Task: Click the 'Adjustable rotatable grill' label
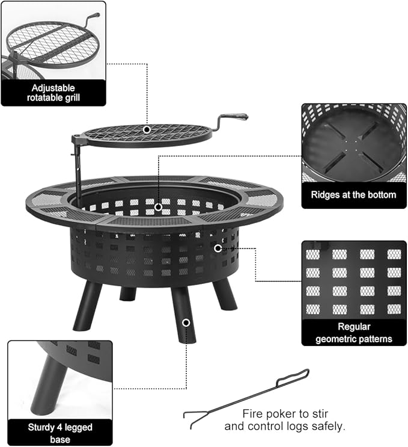(x=53, y=91)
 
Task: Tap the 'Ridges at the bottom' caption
(x=353, y=195)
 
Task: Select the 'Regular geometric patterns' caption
(x=353, y=333)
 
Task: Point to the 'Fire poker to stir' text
(x=285, y=413)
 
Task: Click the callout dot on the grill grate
(x=147, y=129)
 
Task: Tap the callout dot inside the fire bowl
(x=158, y=207)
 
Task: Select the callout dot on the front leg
(x=186, y=323)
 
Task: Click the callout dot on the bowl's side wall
(x=218, y=247)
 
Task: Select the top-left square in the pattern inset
(x=313, y=254)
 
